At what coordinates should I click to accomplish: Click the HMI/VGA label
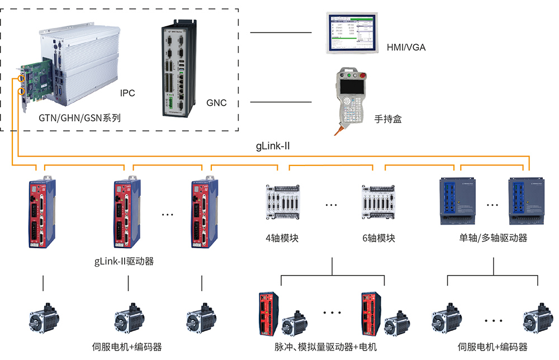406,48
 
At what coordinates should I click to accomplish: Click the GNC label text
216,103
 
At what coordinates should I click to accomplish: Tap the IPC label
127,93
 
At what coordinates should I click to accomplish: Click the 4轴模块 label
282,238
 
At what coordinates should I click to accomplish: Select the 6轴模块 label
378,238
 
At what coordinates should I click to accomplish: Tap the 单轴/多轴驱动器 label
493,238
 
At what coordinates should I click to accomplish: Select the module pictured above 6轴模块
379,202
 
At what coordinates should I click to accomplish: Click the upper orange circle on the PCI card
22,78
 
